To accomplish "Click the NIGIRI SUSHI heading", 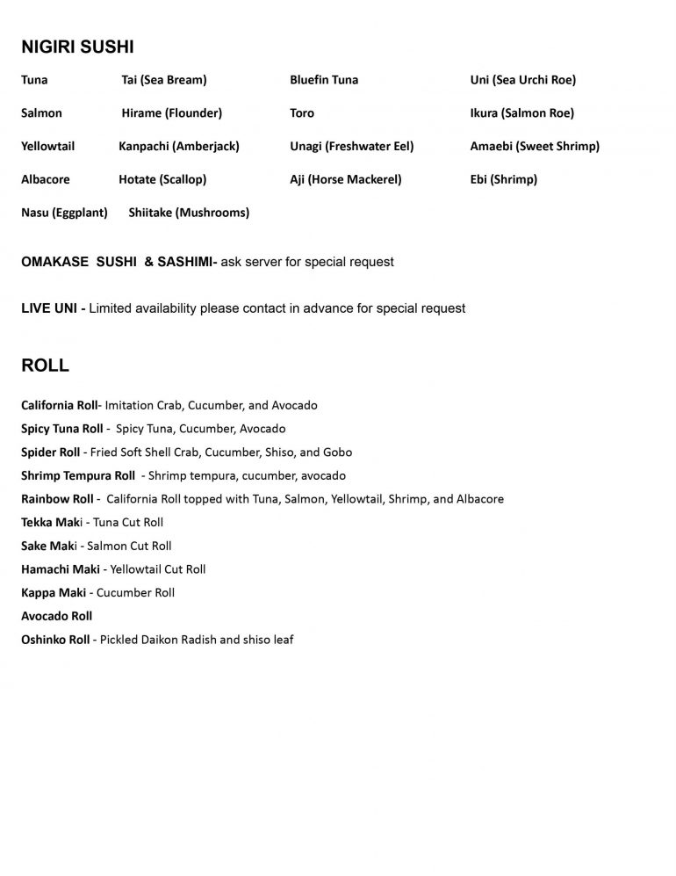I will coord(77,47).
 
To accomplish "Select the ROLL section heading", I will coord(45,366).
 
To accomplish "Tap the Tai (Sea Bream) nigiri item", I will coord(164,80).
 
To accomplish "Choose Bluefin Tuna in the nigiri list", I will coord(324,80).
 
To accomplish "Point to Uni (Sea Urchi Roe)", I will coord(523,80).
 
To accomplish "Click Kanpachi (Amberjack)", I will coord(179,146).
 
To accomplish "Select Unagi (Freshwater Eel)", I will coord(352,146).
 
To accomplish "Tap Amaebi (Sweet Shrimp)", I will coord(535,146).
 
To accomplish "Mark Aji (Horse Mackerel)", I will coord(345,179).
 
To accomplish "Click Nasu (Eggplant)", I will coord(64,213).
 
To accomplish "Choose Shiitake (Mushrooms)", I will coord(189,213).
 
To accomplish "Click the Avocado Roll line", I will coord(57,616).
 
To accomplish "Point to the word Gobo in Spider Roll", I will coord(337,452).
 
